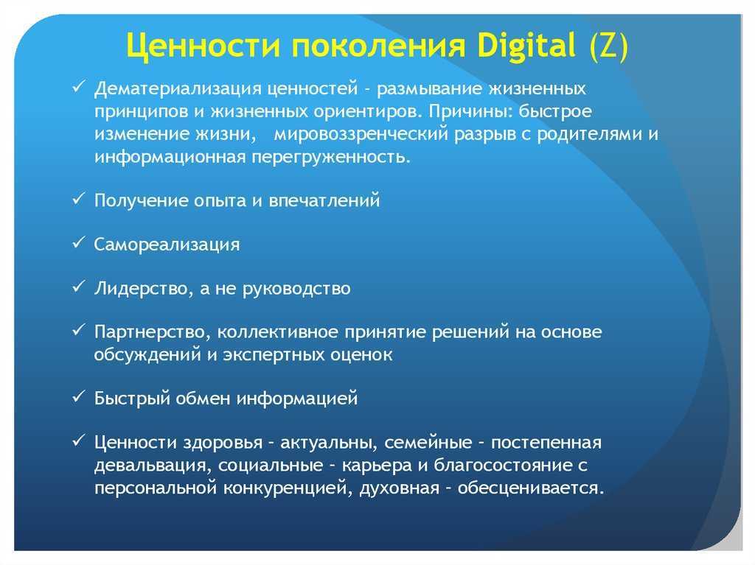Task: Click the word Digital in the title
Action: point(526,46)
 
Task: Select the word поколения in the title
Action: point(378,46)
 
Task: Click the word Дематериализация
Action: point(178,89)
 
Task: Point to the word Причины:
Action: point(470,112)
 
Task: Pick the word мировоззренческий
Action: point(361,134)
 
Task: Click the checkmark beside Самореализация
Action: point(78,244)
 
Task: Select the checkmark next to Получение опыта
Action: point(78,199)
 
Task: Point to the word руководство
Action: point(296,289)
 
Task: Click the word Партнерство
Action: point(153,332)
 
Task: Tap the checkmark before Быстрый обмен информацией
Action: point(78,398)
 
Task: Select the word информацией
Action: point(297,399)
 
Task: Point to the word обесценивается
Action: point(531,488)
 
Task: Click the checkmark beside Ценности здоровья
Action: point(78,441)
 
